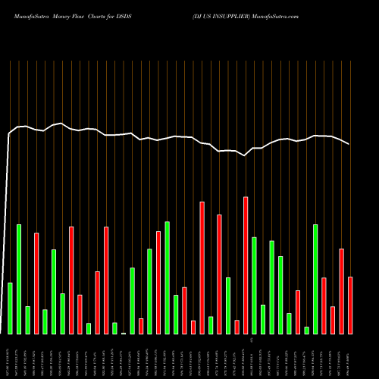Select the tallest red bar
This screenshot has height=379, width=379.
[246, 265]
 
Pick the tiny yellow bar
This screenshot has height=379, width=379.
[124, 333]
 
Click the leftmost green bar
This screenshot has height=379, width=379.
[10, 308]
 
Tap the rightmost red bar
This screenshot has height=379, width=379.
[350, 305]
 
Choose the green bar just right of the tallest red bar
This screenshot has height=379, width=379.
[254, 285]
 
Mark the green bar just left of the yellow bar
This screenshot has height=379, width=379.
[114, 328]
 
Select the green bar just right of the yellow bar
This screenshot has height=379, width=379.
[132, 300]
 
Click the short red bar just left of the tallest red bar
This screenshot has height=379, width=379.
[236, 327]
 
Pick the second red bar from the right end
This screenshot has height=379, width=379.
[341, 291]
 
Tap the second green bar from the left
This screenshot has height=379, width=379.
[19, 279]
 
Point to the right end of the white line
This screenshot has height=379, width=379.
[349, 144]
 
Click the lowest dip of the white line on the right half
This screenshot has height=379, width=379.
[245, 155]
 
